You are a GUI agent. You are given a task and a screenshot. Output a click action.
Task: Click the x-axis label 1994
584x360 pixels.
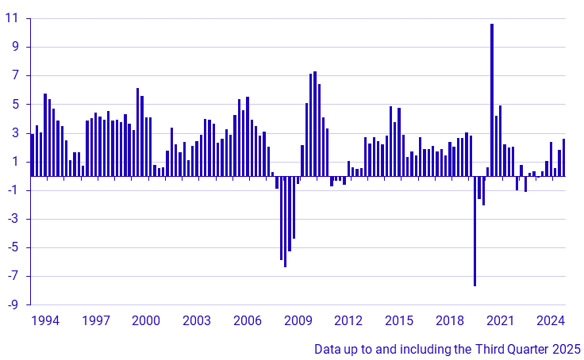(45, 321)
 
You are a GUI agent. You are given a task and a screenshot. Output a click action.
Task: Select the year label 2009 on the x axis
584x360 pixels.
(298, 321)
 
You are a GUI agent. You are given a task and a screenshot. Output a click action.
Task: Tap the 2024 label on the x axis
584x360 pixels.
(551, 321)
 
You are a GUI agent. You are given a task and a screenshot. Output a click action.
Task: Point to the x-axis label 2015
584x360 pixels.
(399, 321)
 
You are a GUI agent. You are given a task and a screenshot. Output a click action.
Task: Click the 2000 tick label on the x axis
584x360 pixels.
(147, 321)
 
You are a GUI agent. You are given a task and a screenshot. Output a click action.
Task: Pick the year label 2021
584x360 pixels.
(501, 321)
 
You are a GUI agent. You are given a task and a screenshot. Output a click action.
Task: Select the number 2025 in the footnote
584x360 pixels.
(567, 348)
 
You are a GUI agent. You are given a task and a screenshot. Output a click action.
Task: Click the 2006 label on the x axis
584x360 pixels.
(248, 321)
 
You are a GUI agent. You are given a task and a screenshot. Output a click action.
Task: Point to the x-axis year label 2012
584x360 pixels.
(349, 321)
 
